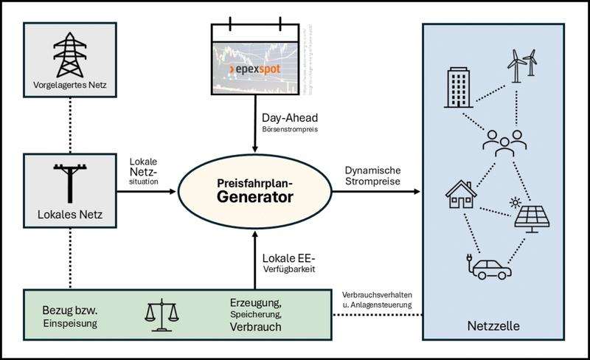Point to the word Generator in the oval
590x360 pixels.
click(254, 197)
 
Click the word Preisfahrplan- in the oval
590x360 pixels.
click(254, 180)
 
